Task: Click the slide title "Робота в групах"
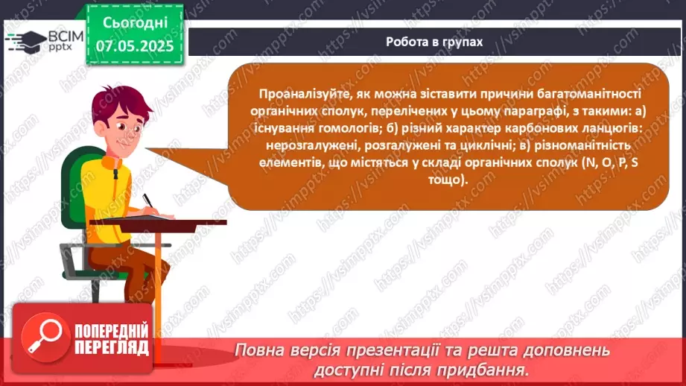pyautogui.click(x=434, y=42)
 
